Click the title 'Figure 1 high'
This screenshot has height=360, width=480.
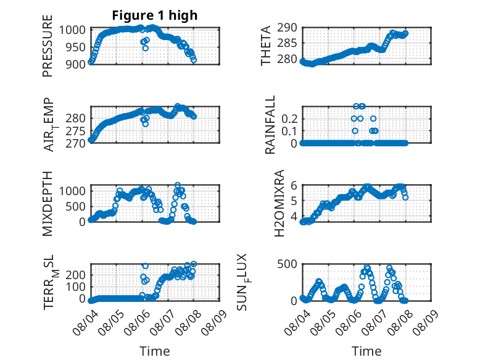[x=155, y=15]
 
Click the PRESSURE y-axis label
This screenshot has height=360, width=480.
[x=48, y=46]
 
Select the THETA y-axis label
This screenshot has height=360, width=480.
[x=266, y=46]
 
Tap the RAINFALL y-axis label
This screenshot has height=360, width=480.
[x=270, y=125]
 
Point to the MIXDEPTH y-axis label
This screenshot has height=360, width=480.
[x=48, y=204]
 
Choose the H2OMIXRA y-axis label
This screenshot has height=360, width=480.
[x=279, y=203]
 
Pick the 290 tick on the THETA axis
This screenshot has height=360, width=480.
[x=287, y=28]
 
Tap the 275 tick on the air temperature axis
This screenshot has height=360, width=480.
[x=75, y=131]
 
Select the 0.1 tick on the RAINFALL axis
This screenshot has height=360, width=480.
[x=289, y=131]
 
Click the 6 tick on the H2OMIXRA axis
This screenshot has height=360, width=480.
[x=294, y=185]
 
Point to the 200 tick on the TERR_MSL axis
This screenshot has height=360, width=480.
[x=75, y=275]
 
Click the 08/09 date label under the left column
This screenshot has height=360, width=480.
[x=214, y=322]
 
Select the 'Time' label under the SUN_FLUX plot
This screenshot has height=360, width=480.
[x=366, y=351]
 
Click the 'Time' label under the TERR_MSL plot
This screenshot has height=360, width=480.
[x=155, y=351]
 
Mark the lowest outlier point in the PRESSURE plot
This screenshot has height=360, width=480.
[x=146, y=48]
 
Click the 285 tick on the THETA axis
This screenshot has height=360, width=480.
[x=287, y=43]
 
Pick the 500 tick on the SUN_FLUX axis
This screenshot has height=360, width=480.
[x=287, y=264]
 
